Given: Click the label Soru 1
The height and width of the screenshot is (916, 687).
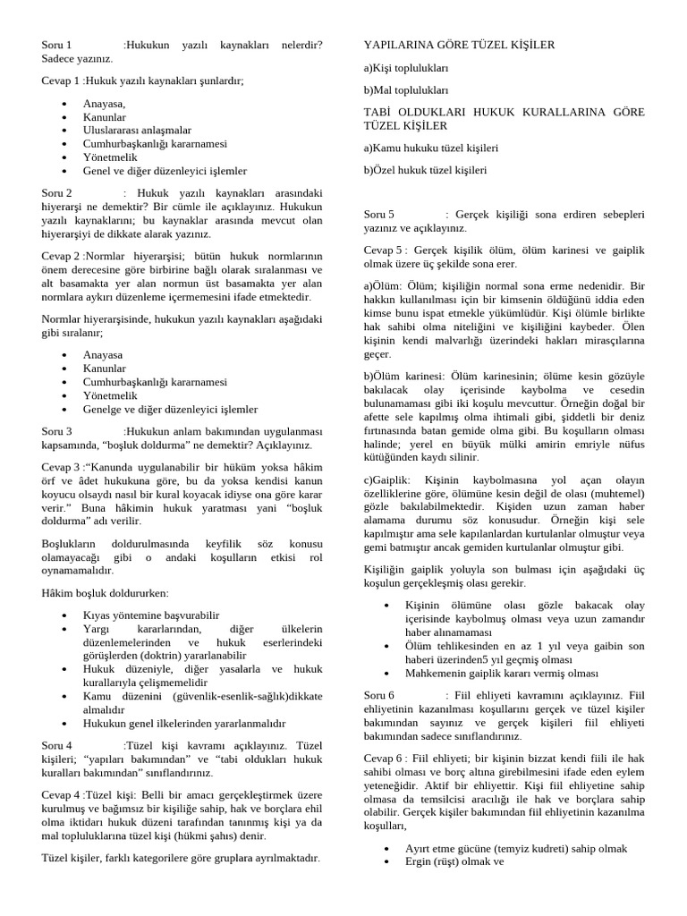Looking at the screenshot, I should pyautogui.click(x=56, y=44).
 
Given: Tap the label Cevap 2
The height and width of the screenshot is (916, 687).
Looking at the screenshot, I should pyautogui.click(x=62, y=255).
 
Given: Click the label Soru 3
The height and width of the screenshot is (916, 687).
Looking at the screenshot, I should pyautogui.click(x=56, y=430).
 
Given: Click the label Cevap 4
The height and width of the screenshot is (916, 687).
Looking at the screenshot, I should pyautogui.click(x=62, y=793).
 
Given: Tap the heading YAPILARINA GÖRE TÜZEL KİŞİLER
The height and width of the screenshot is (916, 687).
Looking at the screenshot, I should pyautogui.click(x=459, y=44).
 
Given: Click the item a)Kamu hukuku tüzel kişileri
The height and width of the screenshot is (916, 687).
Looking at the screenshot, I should pyautogui.click(x=430, y=147).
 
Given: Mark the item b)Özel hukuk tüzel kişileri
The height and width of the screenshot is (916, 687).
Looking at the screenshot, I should pyautogui.click(x=425, y=169).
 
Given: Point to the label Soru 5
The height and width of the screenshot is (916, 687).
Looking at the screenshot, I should pyautogui.click(x=379, y=214).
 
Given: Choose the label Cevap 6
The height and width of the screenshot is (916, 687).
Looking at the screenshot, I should pyautogui.click(x=385, y=758).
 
